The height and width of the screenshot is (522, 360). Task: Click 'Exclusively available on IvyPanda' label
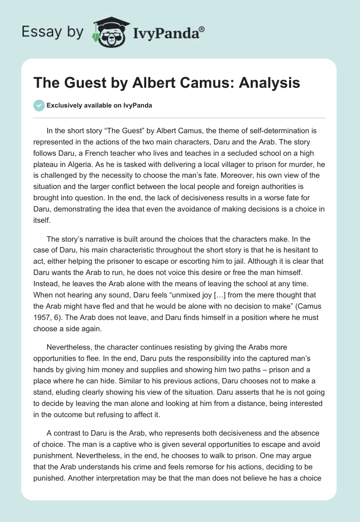[x=99, y=106]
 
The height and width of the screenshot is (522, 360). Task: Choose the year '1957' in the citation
[x=46, y=317]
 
